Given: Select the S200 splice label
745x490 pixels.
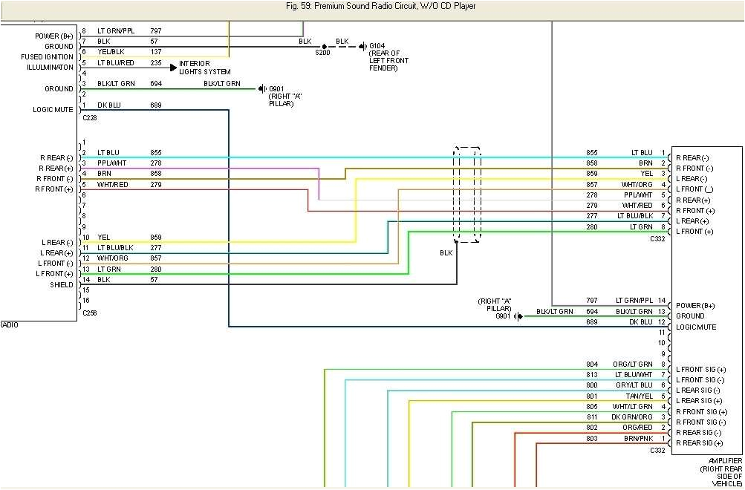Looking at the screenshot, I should [x=322, y=53].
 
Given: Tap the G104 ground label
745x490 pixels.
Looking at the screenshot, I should [x=378, y=46].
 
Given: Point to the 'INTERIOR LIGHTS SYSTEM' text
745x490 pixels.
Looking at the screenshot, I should [x=204, y=68].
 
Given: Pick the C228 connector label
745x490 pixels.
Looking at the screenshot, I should [x=90, y=117].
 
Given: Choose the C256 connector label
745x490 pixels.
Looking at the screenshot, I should [x=90, y=313].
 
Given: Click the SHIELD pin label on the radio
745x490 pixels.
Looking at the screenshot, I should [x=62, y=285].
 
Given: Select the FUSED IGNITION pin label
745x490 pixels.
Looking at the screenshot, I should [x=48, y=57].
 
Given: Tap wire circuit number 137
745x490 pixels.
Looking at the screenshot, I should [x=156, y=52].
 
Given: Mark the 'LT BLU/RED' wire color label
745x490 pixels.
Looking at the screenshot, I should [x=115, y=63].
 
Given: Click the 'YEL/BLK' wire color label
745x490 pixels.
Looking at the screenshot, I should [x=111, y=52].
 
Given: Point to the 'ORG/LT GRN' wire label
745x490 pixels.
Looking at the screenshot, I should [x=633, y=365].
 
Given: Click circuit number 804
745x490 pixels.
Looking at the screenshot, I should [x=592, y=365].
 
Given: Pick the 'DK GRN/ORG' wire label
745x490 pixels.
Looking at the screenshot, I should [x=632, y=417].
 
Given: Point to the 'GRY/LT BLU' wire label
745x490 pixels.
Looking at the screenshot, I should [x=634, y=385].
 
